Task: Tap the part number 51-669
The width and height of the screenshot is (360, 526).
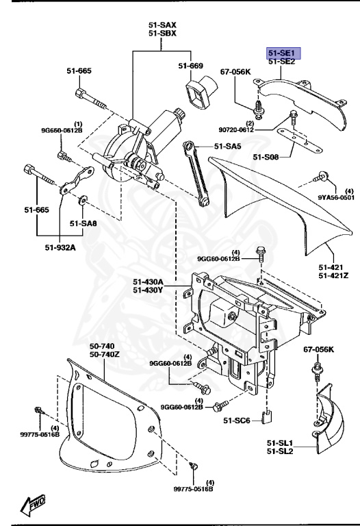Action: click(x=192, y=66)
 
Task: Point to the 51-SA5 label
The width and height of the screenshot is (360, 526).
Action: click(x=228, y=146)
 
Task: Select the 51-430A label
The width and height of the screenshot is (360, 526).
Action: click(x=149, y=281)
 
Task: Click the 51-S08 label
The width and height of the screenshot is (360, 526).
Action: click(x=266, y=157)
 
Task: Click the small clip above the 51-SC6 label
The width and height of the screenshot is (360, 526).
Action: click(x=270, y=414)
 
